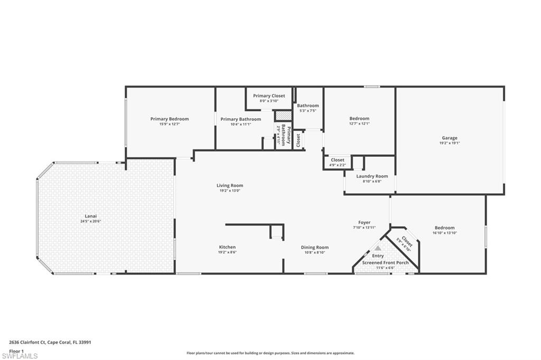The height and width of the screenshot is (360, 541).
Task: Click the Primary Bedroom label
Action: pos(169,119)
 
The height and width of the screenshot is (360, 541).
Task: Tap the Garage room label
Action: pos(450,138)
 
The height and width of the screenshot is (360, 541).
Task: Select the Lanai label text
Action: pos(90,215)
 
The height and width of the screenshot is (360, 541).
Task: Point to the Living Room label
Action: pos(229,185)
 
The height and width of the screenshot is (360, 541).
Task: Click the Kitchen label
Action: pos(227,247)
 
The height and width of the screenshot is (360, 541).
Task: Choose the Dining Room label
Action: pos(314,247)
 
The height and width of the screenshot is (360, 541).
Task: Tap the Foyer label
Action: pos(364,222)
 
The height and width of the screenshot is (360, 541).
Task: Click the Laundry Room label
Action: pos(372,176)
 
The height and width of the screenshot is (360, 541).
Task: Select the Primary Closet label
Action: pos(269,96)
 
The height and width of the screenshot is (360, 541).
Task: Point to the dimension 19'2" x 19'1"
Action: pos(450,143)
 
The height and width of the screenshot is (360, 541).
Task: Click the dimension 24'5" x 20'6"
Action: pos(90,221)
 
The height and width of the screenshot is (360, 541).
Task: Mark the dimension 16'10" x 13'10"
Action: pos(444,233)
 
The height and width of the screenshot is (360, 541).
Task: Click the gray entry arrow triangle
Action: pos(378,247)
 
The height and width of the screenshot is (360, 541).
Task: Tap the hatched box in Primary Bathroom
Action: pos(283,115)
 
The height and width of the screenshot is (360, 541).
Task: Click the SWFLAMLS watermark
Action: pos(20,356)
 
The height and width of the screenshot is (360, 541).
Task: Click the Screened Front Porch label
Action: pos(385,262)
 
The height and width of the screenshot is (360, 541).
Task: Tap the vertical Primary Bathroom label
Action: pos(286,136)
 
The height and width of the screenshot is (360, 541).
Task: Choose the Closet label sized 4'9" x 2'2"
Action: pos(337,160)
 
